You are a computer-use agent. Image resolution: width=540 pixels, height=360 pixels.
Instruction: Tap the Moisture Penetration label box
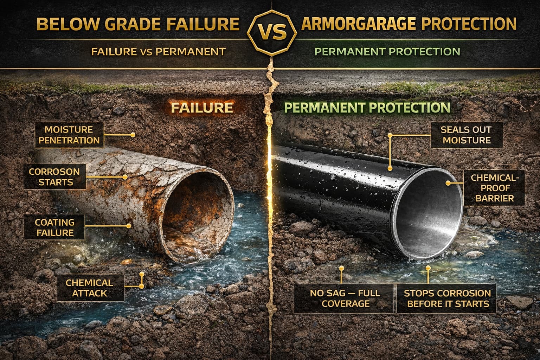(69, 135)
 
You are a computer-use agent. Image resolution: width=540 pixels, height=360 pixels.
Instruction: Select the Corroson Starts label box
(54, 177)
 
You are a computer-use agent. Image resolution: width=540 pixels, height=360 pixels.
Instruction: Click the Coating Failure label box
(54, 227)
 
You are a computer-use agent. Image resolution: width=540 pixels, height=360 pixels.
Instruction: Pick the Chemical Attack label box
(89, 288)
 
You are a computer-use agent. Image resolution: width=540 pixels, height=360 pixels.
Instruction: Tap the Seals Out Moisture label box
(466, 135)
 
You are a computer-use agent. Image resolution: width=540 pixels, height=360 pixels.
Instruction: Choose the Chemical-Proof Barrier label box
(494, 187)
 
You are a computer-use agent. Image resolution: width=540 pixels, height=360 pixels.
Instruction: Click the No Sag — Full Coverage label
(345, 298)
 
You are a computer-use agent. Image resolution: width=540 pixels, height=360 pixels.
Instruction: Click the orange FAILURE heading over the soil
(201, 107)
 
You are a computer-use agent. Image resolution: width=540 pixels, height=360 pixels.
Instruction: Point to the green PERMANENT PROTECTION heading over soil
(367, 108)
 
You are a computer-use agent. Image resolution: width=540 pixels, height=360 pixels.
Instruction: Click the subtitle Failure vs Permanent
(158, 52)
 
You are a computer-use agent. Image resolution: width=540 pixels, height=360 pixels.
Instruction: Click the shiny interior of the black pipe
(432, 214)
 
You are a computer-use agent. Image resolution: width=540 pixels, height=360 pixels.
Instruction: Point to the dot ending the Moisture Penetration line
(133, 135)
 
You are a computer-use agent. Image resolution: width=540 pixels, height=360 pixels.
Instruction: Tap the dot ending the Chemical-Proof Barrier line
(448, 183)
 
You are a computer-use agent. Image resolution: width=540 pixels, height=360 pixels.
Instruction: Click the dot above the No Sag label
(341, 268)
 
